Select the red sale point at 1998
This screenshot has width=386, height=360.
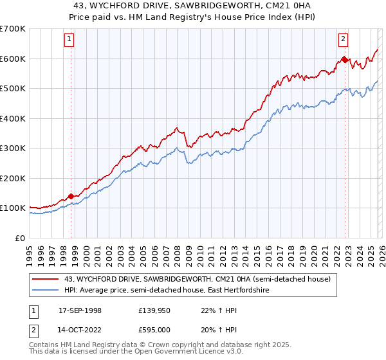(x=71, y=196)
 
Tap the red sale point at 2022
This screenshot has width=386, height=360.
(x=345, y=60)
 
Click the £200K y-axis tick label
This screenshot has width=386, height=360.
(x=13, y=178)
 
